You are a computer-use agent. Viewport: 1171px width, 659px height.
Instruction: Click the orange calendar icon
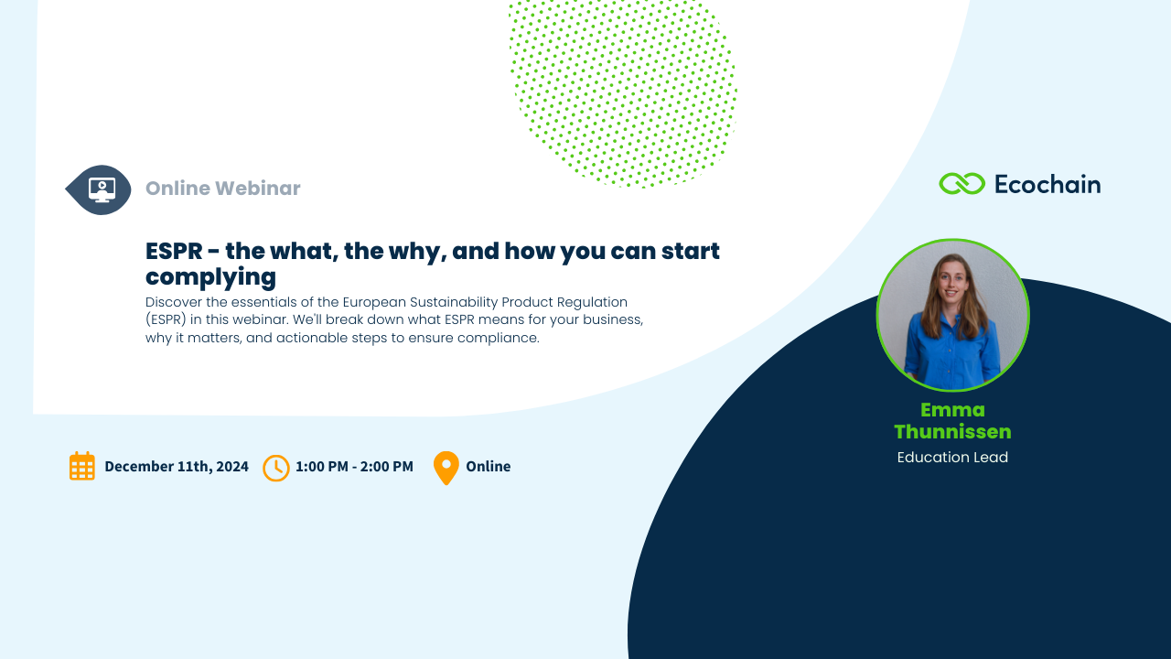(82, 466)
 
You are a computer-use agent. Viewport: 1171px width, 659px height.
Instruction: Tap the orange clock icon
(276, 468)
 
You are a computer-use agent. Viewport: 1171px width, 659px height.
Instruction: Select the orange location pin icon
(446, 468)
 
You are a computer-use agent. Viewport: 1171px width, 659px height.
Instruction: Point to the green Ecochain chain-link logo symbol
(962, 184)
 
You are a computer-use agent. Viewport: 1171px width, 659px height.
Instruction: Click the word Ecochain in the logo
(1047, 184)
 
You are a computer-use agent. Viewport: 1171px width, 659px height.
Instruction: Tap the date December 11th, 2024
(177, 466)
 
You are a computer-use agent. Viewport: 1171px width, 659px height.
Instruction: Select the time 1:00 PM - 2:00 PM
(354, 466)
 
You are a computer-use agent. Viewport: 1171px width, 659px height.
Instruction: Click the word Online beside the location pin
(489, 466)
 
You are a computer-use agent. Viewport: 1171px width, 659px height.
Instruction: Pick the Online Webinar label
(222, 189)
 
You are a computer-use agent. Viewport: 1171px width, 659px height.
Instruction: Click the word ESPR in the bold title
(174, 251)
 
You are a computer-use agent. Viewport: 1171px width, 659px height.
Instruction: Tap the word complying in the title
(210, 277)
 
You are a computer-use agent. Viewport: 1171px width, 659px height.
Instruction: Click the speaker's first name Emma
(952, 409)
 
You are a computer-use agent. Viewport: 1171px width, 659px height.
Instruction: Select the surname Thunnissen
(952, 432)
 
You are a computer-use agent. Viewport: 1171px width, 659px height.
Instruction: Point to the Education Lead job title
(952, 457)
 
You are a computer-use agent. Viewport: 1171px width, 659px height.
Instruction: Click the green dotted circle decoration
(623, 92)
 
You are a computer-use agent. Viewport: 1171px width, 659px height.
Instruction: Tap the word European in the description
(374, 302)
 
